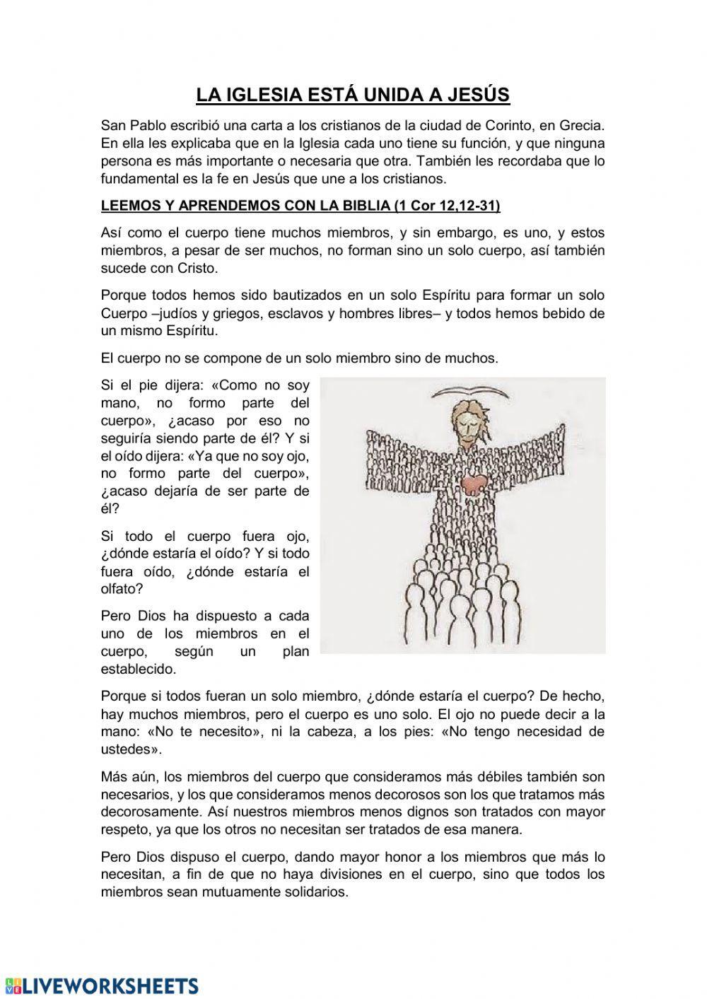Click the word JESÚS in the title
pos(477,95)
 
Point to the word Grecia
pos(582,126)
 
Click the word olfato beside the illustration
pos(122,588)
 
